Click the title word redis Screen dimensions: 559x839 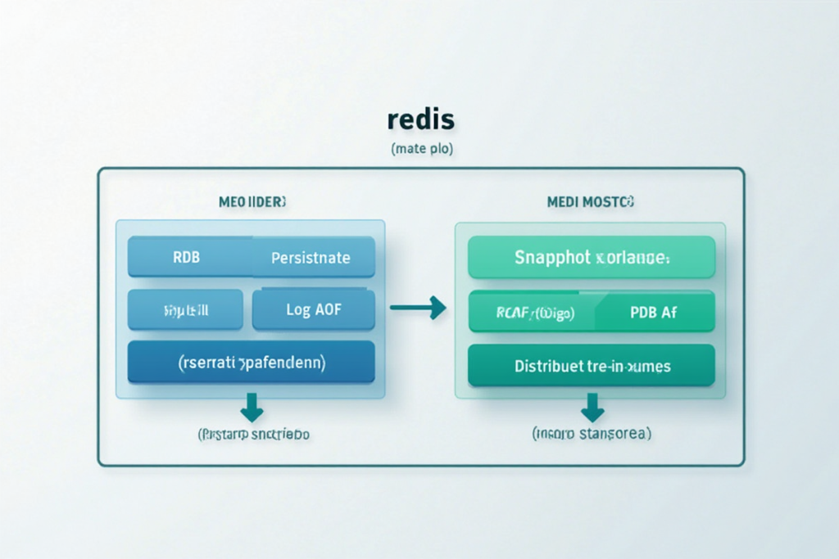[419, 119]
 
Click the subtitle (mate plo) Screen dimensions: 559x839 [419, 150]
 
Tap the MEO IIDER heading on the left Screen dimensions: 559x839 [251, 201]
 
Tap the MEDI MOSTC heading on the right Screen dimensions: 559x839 [590, 201]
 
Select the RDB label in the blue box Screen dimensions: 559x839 [186, 258]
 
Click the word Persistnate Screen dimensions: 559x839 [311, 258]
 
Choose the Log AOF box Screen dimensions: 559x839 [313, 309]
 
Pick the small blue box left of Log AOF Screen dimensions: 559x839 [186, 309]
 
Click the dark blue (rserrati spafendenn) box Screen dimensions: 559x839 [252, 362]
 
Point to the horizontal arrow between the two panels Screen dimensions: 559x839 [418, 308]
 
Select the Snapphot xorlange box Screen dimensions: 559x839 [592, 258]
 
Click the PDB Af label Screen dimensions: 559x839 [653, 313]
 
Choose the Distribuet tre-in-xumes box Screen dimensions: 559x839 [592, 366]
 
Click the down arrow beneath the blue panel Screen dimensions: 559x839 [252, 405]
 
